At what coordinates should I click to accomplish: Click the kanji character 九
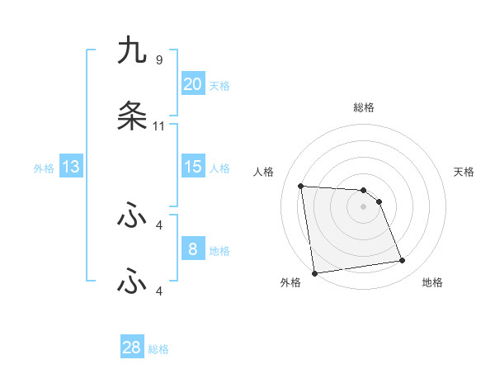[x=132, y=52]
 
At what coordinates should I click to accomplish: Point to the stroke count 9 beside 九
[x=159, y=60]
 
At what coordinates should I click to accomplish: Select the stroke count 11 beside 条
[x=159, y=126]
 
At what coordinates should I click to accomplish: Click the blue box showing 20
[x=193, y=84]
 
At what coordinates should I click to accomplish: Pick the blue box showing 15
[x=193, y=167]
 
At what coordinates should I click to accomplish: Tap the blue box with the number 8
[x=193, y=249]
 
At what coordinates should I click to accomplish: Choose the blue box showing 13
[x=71, y=167]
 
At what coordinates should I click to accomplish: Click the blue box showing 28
[x=132, y=348]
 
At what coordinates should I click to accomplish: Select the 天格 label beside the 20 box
[x=219, y=86]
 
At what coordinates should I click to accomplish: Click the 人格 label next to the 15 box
[x=219, y=168]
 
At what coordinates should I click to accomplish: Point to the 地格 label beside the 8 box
[x=219, y=251]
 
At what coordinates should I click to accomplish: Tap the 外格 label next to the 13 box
[x=44, y=168]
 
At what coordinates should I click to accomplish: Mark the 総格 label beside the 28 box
[x=158, y=349]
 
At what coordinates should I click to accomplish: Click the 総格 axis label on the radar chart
[x=364, y=107]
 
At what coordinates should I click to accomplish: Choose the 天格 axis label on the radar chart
[x=464, y=172]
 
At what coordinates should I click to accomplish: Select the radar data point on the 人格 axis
[x=301, y=186]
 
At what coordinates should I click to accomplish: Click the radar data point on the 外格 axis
[x=314, y=273]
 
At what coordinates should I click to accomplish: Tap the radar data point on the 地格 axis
[x=403, y=261]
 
